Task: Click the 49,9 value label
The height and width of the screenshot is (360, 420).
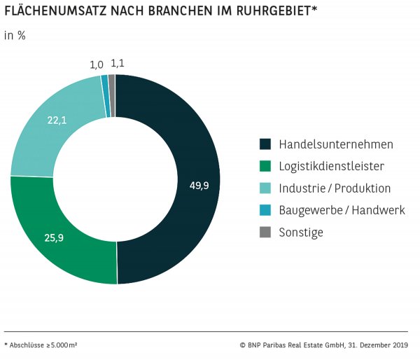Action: point(199,186)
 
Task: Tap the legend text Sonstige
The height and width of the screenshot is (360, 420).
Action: point(301,233)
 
